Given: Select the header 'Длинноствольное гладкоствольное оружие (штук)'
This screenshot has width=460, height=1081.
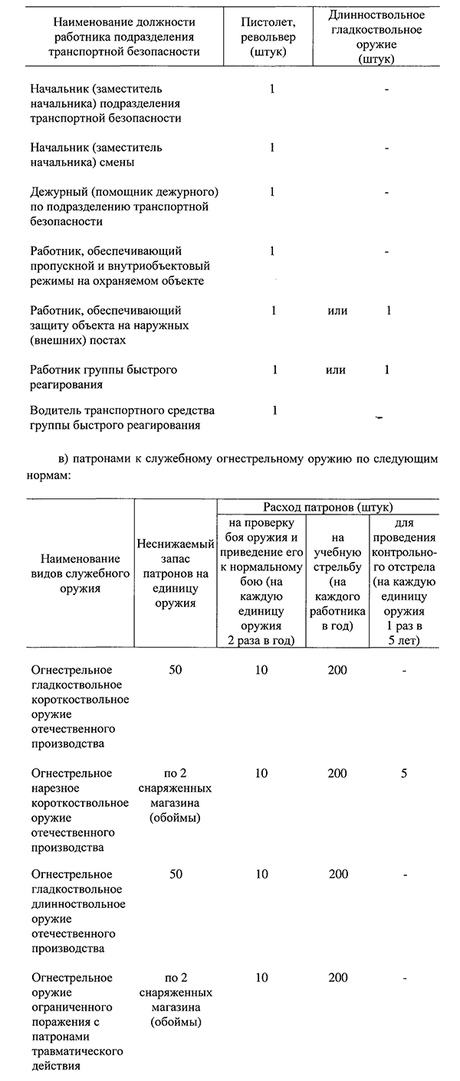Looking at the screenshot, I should coord(387,37).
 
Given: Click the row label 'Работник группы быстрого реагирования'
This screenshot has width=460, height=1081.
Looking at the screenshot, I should coord(103,377).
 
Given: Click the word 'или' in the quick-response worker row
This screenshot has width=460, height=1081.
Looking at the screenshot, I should coord(335,371).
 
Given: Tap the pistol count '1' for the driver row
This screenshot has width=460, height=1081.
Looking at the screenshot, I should coord(274,411).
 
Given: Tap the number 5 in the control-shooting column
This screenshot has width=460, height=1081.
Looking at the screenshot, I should coord(403,773).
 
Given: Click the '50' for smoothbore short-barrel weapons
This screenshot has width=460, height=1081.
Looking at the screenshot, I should coord(176,671).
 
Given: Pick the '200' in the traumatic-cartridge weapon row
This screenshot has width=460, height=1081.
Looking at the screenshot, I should coord(337,978).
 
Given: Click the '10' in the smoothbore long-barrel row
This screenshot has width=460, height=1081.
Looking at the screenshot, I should coord(262,874).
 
